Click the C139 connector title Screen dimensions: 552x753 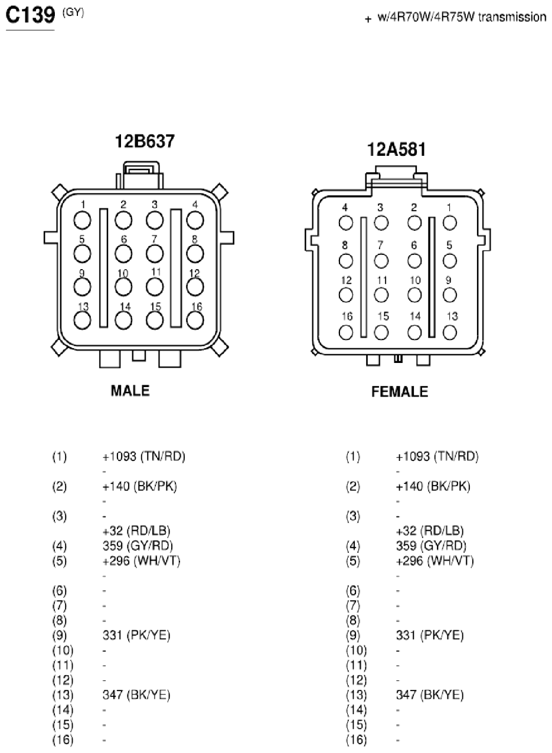(30, 15)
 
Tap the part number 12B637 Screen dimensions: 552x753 (145, 141)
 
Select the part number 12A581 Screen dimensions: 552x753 (396, 149)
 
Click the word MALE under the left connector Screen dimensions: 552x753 (130, 391)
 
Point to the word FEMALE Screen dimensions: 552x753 (400, 392)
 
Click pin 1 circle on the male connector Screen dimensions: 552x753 (82, 221)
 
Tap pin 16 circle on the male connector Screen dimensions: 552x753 (195, 320)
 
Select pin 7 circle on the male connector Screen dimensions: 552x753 (155, 254)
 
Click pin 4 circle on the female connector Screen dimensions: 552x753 (346, 223)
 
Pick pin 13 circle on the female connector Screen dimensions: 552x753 (450, 333)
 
